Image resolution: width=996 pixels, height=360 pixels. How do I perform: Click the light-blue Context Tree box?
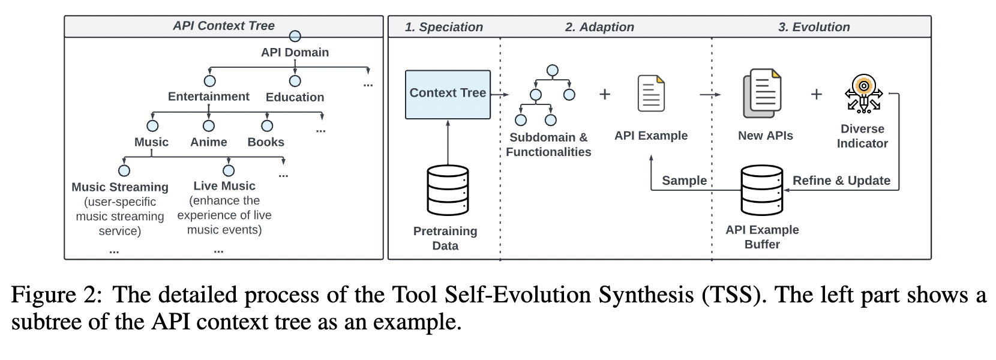[448, 94]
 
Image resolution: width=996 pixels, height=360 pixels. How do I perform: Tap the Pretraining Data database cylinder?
[448, 190]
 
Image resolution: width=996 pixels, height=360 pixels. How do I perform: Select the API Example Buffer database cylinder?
[761, 190]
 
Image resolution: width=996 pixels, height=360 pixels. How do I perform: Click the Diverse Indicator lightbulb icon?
[863, 94]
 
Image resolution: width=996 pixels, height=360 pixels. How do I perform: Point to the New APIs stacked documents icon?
[762, 93]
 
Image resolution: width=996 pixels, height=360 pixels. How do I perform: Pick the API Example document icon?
[652, 94]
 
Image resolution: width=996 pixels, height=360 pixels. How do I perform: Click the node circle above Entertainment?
[209, 81]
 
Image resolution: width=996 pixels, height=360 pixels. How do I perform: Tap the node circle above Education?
[295, 81]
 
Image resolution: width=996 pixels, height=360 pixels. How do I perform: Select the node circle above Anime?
[209, 126]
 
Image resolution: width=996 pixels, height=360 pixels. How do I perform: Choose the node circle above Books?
[267, 126]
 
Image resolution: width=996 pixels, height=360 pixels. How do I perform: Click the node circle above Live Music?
[229, 170]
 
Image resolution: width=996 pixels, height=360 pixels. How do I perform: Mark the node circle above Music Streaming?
[124, 170]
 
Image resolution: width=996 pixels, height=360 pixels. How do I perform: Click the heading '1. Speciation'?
[444, 27]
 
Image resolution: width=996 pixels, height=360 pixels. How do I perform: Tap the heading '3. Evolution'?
[814, 27]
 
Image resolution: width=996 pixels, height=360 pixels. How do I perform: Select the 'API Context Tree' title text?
[224, 26]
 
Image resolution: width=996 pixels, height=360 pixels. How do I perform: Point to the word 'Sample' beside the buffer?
[685, 181]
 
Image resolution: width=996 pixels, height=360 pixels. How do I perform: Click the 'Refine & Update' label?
[841, 181]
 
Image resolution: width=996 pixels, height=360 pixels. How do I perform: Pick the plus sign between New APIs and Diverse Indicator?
[817, 94]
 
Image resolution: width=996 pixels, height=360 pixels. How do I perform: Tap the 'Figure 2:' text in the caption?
[56, 295]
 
